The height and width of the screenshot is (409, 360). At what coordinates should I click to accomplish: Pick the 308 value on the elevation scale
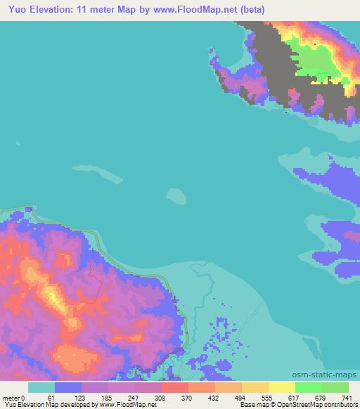tap(162, 397)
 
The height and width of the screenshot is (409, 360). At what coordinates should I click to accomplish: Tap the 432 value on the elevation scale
tap(216, 397)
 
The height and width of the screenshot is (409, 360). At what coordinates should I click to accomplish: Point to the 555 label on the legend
tap(269, 397)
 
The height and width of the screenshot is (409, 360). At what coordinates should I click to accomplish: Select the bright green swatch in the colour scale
tap(309, 387)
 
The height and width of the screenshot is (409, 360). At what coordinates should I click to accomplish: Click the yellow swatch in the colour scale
tap(282, 387)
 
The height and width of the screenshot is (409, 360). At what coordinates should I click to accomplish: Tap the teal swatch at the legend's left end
tap(41, 387)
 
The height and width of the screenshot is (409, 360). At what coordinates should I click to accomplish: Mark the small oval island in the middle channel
tap(176, 195)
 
